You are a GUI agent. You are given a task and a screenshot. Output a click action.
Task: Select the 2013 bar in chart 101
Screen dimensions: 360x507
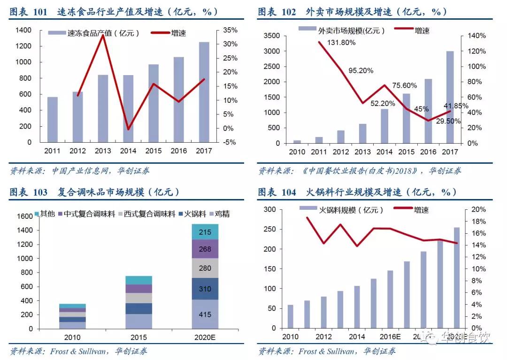tap(103, 108)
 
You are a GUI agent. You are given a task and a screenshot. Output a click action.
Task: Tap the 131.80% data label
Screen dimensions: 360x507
tap(341, 42)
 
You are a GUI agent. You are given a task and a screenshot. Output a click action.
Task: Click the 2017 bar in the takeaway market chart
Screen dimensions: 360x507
tap(450, 97)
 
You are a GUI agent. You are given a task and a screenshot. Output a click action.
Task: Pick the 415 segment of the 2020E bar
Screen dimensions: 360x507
tap(205, 314)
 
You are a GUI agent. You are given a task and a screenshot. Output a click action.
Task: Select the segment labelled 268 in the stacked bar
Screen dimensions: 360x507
tap(205, 249)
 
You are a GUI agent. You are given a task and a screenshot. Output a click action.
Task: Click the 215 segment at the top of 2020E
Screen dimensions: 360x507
tap(205, 232)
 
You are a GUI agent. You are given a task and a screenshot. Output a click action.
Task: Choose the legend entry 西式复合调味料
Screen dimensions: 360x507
tap(149, 214)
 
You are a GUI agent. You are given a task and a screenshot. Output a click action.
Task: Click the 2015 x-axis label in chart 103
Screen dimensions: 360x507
tap(139, 337)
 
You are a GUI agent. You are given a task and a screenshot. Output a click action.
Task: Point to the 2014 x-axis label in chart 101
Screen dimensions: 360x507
tap(128, 151)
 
